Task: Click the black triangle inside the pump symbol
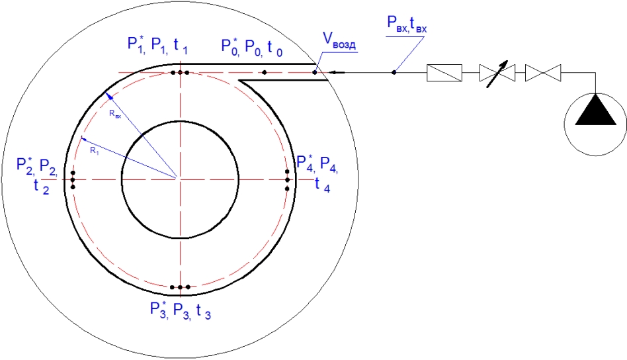pyautogui.click(x=595, y=112)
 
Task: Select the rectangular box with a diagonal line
pyautogui.click(x=444, y=73)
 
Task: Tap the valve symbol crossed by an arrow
pyautogui.click(x=497, y=73)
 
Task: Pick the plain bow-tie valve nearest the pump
pyautogui.click(x=543, y=73)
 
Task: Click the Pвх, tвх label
pyautogui.click(x=407, y=24)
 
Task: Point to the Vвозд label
pyautogui.click(x=339, y=41)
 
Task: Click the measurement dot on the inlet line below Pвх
pyautogui.click(x=394, y=72)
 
